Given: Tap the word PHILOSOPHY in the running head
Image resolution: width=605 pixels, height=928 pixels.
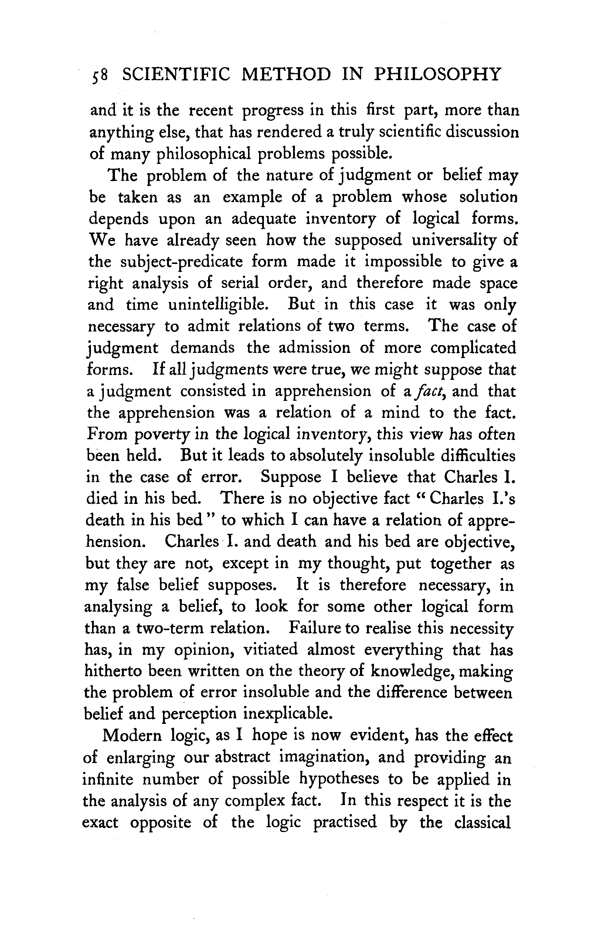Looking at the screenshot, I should coord(437,74).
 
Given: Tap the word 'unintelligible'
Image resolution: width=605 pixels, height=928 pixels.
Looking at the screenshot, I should coord(218,305).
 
